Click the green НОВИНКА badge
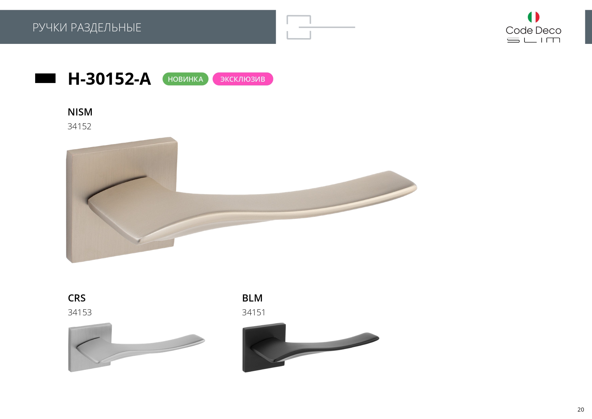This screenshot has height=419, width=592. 185,79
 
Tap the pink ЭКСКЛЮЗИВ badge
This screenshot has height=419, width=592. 243,79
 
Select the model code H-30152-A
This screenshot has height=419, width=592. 109,79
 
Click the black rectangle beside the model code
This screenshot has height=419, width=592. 45,78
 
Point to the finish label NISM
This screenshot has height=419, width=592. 80,112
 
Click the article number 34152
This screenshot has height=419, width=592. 79,126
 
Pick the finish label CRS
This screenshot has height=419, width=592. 77,298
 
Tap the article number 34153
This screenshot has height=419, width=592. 80,312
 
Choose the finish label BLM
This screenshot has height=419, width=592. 252,298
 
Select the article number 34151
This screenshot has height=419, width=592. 253,312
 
